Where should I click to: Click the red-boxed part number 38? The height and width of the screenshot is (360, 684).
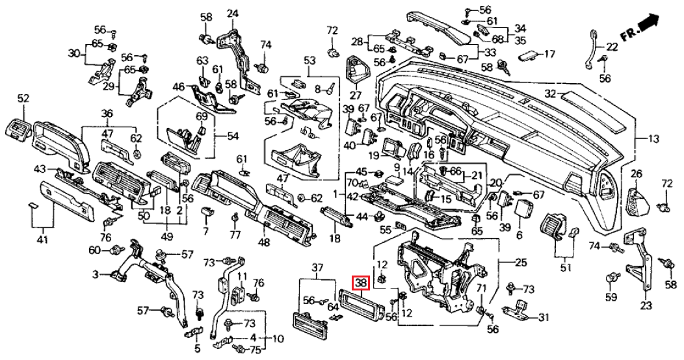point(360,283)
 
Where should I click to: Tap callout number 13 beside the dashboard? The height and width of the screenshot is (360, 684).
point(653,138)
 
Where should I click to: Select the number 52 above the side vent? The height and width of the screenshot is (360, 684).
point(23,98)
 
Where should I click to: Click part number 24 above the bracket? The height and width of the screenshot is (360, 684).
point(232,14)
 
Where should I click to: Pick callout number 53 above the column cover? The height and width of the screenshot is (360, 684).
point(308,60)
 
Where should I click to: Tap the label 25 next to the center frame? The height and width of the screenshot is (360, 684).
point(520,262)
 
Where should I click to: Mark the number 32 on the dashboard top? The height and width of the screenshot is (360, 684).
point(551,94)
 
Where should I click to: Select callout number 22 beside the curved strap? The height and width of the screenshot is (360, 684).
point(612,47)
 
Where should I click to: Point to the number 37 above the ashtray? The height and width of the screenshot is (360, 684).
point(317,268)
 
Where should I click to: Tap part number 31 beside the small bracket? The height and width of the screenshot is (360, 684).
point(544,317)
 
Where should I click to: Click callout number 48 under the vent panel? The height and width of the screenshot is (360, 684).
point(263,242)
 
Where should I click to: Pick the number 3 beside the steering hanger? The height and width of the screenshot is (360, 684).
point(95,276)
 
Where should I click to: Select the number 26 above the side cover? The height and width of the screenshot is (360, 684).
point(636,174)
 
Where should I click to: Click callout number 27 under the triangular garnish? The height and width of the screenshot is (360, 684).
point(355,95)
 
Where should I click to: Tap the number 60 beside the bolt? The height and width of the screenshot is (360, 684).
point(94,250)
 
